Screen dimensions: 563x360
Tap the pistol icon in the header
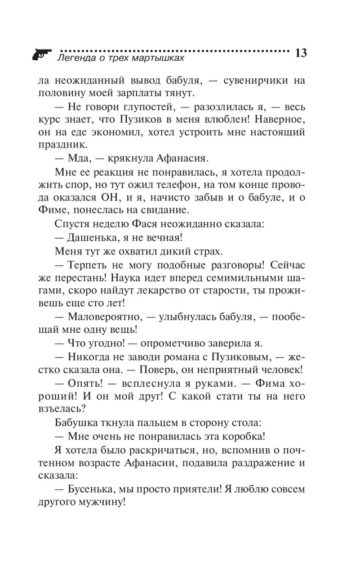point(41,53)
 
